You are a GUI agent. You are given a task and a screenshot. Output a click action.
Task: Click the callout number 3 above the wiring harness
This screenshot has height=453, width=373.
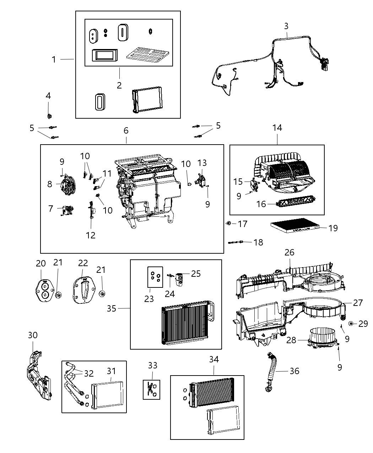pyautogui.click(x=286, y=26)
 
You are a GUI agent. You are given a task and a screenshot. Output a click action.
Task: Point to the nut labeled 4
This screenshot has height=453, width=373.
pyautogui.click(x=49, y=116)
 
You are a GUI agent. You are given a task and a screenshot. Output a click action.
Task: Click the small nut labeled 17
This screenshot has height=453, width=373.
pyautogui.click(x=229, y=223)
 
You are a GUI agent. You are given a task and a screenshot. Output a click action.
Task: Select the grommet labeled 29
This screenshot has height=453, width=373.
pyautogui.click(x=351, y=323)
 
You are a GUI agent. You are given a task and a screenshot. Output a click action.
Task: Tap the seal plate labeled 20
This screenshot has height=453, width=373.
pyautogui.click(x=44, y=291)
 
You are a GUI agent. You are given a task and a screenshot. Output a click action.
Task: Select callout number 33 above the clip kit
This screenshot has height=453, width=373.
pyautogui.click(x=153, y=365)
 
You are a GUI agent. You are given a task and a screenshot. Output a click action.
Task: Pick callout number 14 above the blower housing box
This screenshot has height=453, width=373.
pyautogui.click(x=277, y=128)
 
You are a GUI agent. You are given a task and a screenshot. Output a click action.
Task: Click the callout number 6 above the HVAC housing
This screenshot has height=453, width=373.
pyautogui.click(x=126, y=131)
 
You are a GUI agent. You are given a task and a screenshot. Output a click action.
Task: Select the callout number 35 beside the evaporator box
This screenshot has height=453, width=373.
pyautogui.click(x=112, y=308)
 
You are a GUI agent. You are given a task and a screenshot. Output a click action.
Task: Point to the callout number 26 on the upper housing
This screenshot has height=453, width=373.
pyautogui.click(x=290, y=252)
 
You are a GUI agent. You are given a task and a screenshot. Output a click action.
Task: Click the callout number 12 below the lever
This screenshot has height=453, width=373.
pyautogui.click(x=91, y=235)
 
